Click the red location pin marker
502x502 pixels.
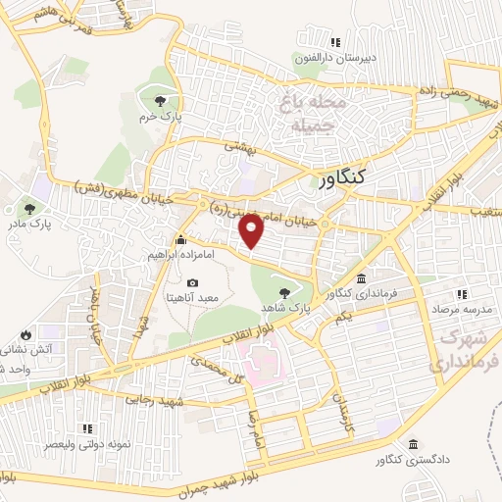253,228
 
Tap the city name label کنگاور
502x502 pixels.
342,177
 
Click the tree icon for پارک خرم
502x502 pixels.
160,99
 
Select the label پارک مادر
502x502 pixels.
29,225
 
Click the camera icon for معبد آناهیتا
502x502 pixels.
192,282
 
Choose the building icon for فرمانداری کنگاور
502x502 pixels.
362,278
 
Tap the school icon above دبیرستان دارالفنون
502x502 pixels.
335,42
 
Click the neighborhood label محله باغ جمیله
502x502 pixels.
314,113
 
